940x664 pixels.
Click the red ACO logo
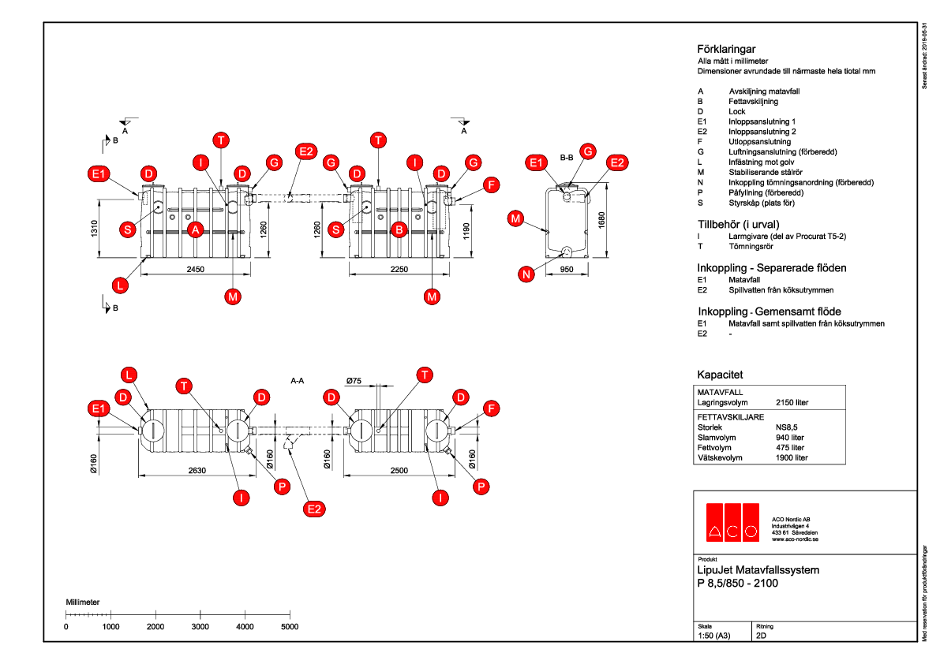click(732, 521)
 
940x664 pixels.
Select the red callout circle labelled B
click(399, 229)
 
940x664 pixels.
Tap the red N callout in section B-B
click(526, 274)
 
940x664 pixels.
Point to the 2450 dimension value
click(196, 270)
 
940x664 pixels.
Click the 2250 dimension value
click(401, 270)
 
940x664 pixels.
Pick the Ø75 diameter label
click(354, 381)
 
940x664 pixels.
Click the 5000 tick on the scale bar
click(290, 626)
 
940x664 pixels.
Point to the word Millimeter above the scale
click(82, 602)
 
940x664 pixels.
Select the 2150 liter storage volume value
click(792, 402)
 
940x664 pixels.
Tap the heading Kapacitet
click(720, 375)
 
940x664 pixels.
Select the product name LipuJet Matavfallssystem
click(758, 569)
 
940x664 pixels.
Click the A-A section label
click(298, 380)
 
